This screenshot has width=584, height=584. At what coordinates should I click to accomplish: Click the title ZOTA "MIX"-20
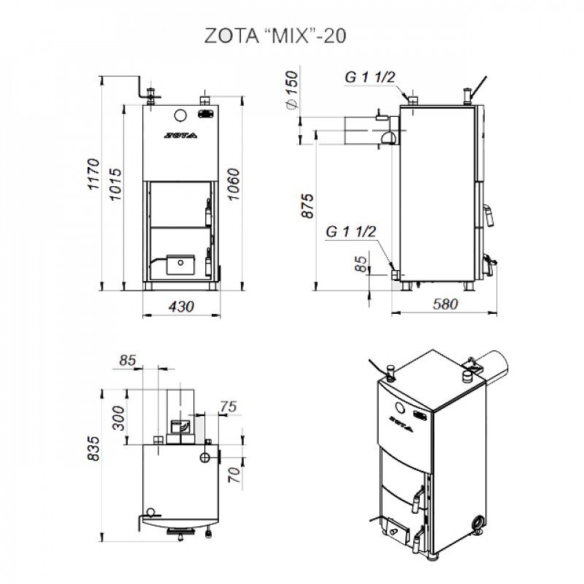point(275,36)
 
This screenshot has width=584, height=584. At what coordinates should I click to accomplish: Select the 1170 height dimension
point(94,174)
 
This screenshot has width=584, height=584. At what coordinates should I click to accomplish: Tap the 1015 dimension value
point(115,185)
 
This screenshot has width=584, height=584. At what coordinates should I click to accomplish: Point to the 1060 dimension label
point(234,185)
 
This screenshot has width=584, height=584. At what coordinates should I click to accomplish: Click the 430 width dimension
point(181,307)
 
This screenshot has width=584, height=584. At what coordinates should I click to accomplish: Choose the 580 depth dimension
point(445,304)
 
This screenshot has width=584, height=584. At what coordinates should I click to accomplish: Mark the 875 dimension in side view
point(307,206)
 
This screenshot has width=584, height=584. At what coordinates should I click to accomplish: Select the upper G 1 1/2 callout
point(370,77)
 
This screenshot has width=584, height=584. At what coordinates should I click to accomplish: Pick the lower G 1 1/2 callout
point(351,231)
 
